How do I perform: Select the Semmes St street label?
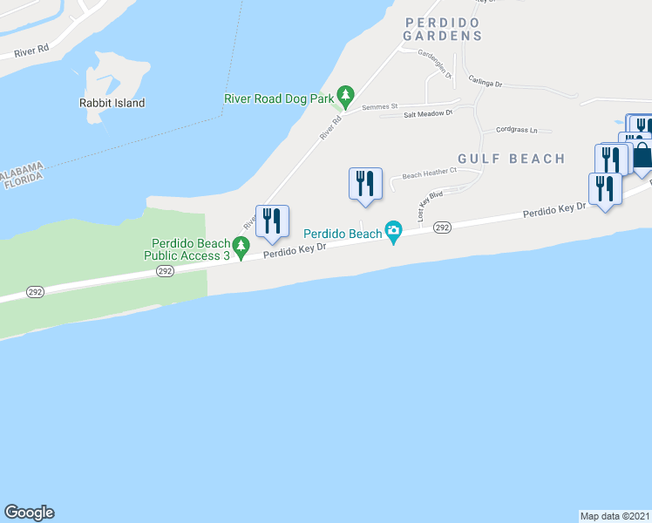381,105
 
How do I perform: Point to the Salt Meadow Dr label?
428,113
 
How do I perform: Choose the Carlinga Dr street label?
486,81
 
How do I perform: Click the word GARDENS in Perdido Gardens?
443,36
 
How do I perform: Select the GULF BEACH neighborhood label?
510,159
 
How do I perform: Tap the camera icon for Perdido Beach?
394,231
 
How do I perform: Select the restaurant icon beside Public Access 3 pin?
272,222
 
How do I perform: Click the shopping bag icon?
642,156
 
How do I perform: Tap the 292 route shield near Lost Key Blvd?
442,227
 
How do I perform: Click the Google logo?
29,513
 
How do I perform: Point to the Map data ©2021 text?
615,515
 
